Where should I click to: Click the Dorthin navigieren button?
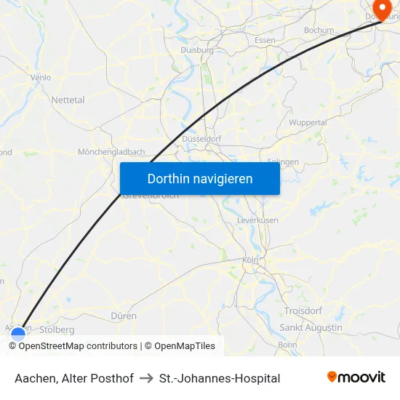click(x=199, y=178)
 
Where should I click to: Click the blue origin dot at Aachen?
click(x=18, y=335)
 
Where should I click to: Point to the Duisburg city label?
click(x=197, y=50)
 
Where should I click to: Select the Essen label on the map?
click(x=265, y=40)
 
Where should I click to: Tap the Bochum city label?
click(x=319, y=31)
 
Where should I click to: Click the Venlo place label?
click(x=41, y=76)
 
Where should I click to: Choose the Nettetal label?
click(x=68, y=100)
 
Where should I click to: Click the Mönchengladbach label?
click(x=111, y=152)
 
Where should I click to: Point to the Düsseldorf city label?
click(x=201, y=138)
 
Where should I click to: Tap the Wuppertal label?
click(x=308, y=122)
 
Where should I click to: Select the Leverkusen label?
click(x=257, y=220)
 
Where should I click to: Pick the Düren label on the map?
click(x=124, y=316)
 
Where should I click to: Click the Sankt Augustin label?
click(x=311, y=328)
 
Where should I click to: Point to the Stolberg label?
click(x=57, y=329)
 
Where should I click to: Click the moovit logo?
click(x=356, y=377)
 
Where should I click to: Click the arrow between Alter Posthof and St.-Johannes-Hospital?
click(x=146, y=378)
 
